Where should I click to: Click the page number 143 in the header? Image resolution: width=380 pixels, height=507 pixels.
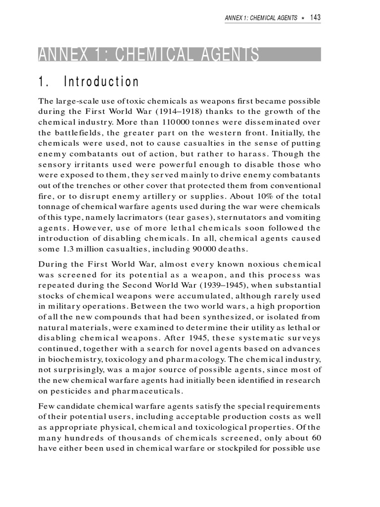pos(315,18)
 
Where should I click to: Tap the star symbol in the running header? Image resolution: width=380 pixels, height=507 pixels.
pos(303,18)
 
